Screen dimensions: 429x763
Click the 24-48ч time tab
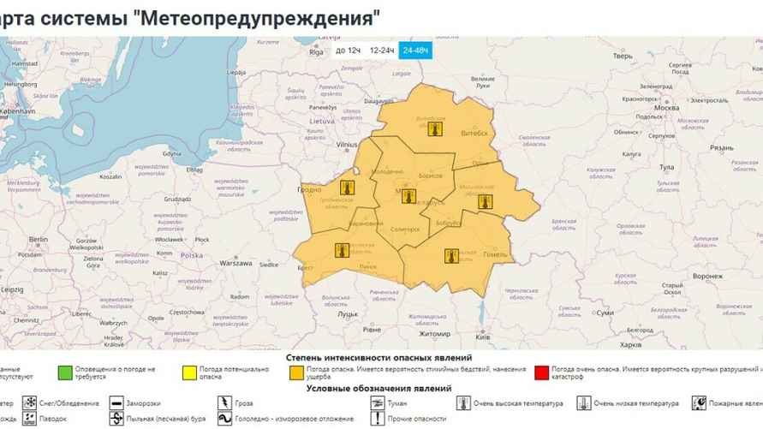coord(416,51)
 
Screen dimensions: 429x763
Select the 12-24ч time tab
coord(381,51)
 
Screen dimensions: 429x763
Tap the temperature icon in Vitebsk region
coord(434,129)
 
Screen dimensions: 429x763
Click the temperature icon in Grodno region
coord(347,188)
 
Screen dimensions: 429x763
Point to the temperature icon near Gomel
coord(451,255)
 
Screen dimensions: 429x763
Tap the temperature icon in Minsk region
coord(408,196)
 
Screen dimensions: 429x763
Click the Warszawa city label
coord(235,264)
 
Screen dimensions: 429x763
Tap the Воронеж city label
coord(707,276)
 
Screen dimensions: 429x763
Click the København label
coord(17,111)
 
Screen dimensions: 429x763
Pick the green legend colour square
coord(63,372)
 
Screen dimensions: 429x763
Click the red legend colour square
coord(540,372)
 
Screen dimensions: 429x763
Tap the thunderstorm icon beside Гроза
coord(224,402)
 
